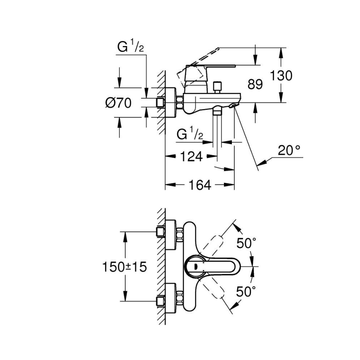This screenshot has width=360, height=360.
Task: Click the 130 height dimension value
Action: coord(281,75)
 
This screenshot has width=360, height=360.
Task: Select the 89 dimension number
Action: coord(255,84)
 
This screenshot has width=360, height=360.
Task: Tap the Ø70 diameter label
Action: coord(118,102)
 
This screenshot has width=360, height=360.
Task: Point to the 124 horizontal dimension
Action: coord(191,156)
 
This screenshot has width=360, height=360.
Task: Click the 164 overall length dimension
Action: coord(199,185)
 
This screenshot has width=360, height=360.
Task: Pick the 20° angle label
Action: coord(289,150)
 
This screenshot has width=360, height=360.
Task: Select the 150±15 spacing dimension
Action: coord(125,267)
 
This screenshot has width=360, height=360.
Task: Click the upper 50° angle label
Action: coord(247,243)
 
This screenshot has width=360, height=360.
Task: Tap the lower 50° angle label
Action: coord(247,292)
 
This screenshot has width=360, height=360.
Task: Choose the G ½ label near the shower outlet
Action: coord(190,134)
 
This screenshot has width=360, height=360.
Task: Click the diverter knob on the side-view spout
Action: coord(216,88)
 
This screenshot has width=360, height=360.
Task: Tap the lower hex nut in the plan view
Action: coord(180,298)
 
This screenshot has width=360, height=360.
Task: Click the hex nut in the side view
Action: coord(180,102)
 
